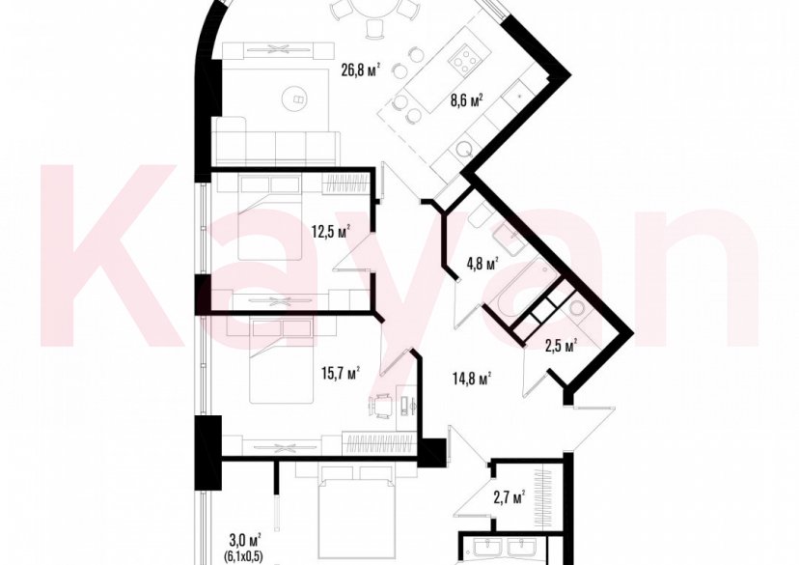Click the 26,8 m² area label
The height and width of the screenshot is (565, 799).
point(360,69)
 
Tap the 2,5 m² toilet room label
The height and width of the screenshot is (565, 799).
point(560,345)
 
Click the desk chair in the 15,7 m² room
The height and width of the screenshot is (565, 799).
point(383,406)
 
